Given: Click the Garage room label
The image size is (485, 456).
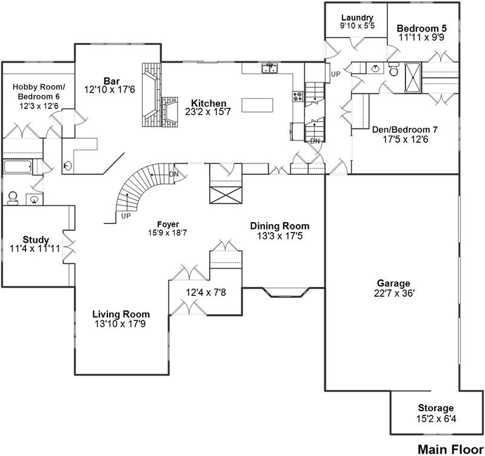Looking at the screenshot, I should [393, 283].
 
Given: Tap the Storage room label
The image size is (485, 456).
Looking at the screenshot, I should [435, 408].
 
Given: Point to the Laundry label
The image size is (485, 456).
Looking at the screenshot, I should [356, 18].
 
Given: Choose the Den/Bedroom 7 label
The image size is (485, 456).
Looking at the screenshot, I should [404, 129].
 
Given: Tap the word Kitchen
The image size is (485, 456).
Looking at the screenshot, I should [209, 103].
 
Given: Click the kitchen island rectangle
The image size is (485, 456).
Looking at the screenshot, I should [258, 105].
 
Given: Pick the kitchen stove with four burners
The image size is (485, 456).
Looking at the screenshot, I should [298, 95].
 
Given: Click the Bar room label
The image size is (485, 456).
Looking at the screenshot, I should [110, 81].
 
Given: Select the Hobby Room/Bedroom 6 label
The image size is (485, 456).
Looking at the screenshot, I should [38, 92].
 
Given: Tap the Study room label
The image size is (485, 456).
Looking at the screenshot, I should [36, 240].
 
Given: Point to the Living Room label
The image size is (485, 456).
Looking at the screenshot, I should [121, 314].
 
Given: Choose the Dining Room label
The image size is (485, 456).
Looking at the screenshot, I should [279, 226].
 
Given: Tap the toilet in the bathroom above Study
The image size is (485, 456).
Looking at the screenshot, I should [13, 197].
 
